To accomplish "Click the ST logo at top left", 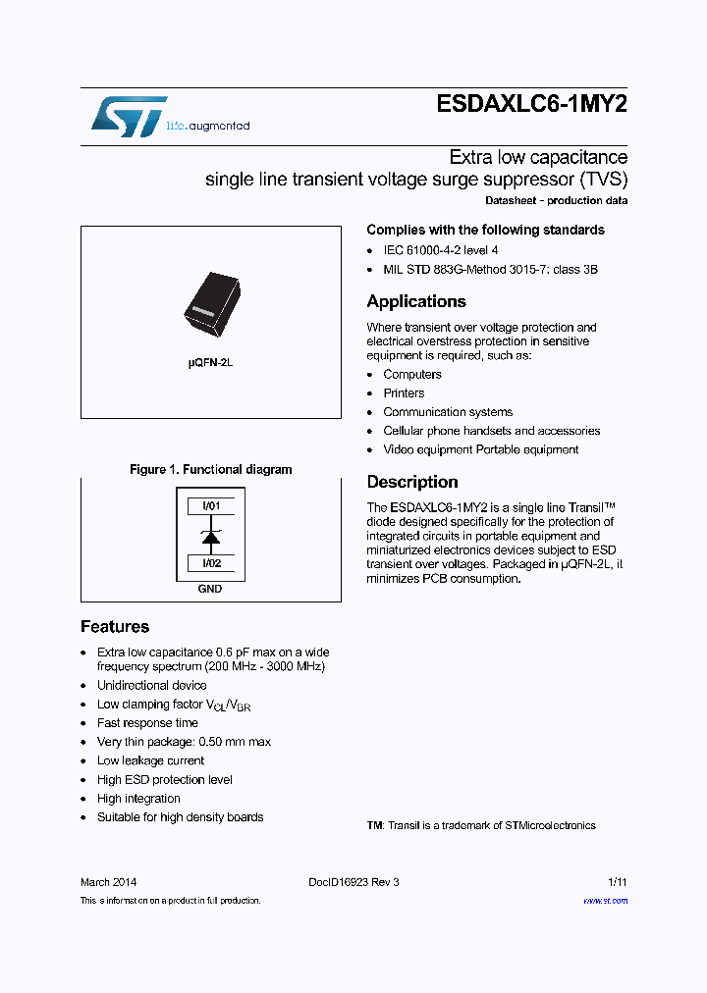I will tap(129, 117).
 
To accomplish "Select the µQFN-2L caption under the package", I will tap(210, 363).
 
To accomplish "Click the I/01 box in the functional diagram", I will tap(211, 506).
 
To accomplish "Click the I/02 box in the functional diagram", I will tap(211, 563).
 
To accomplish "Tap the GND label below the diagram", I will tap(210, 589).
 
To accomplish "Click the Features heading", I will tap(115, 627).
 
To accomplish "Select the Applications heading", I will tap(416, 301).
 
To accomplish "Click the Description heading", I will tap(412, 482).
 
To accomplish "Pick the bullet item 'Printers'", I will tap(404, 393).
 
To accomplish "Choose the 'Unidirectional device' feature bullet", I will tap(151, 686).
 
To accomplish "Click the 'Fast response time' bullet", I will tap(147, 723).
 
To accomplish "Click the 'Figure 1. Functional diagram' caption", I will tap(210, 470).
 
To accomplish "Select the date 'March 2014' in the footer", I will tap(108, 882).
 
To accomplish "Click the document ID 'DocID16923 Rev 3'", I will tap(353, 882).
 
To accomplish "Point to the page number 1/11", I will tap(618, 882).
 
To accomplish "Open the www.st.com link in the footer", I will tap(605, 901).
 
